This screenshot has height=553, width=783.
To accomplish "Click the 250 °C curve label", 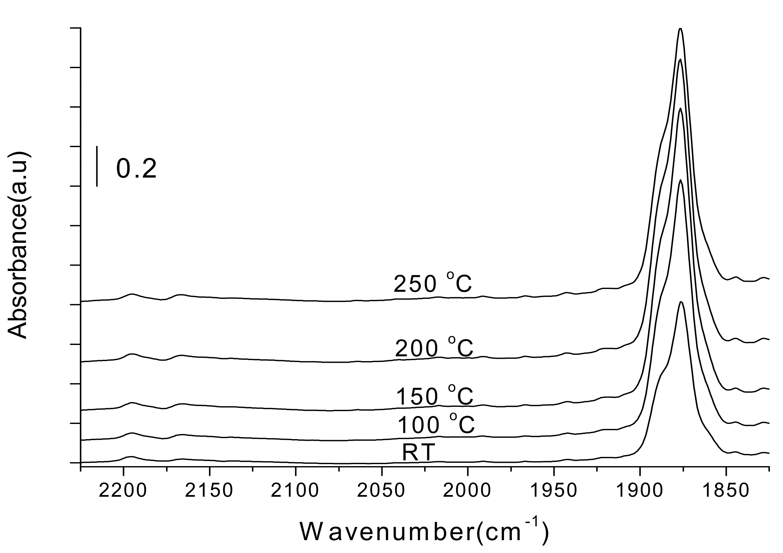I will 433,284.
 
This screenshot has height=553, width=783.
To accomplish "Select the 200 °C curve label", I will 434,348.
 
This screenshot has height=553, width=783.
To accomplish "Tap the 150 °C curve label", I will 435,396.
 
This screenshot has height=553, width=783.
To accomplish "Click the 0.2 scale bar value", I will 137,169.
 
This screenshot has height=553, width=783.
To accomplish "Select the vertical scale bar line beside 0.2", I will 97,167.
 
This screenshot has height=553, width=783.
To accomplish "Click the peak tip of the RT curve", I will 681,302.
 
